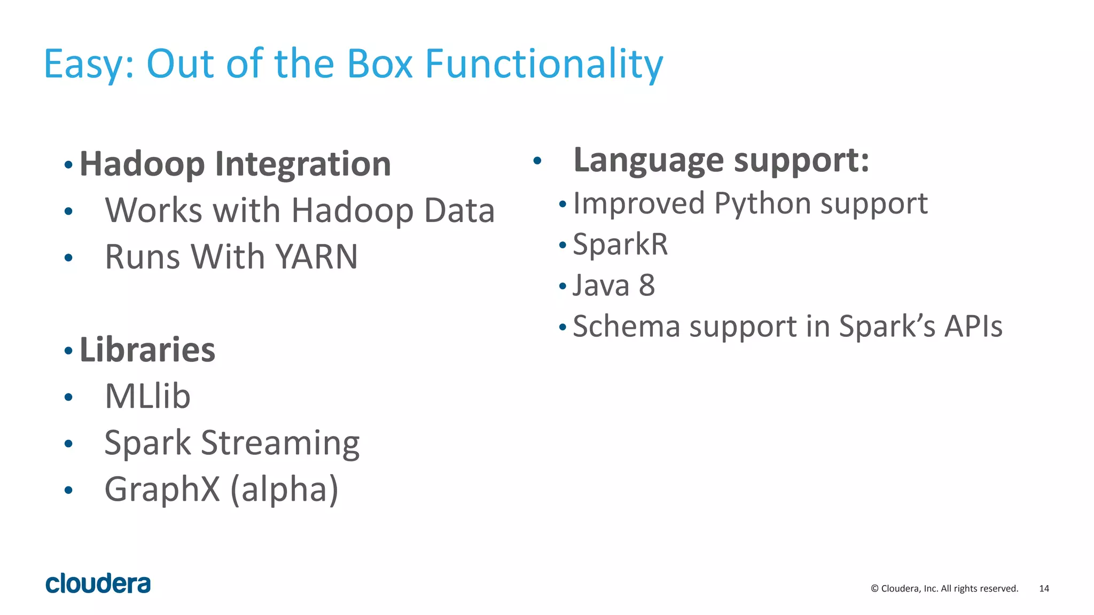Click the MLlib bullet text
point(147,396)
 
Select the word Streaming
point(280,443)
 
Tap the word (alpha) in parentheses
point(284,490)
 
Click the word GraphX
point(162,490)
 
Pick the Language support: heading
point(721,160)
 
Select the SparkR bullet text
point(620,245)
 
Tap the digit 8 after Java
point(646,285)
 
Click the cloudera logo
point(98,584)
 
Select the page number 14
point(1044,588)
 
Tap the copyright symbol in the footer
point(874,588)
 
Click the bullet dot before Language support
point(537,160)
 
